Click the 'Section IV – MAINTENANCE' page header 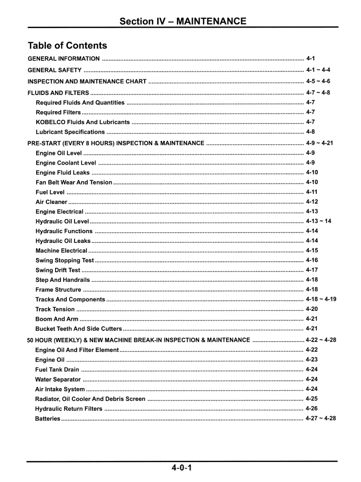tap(180, 21)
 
